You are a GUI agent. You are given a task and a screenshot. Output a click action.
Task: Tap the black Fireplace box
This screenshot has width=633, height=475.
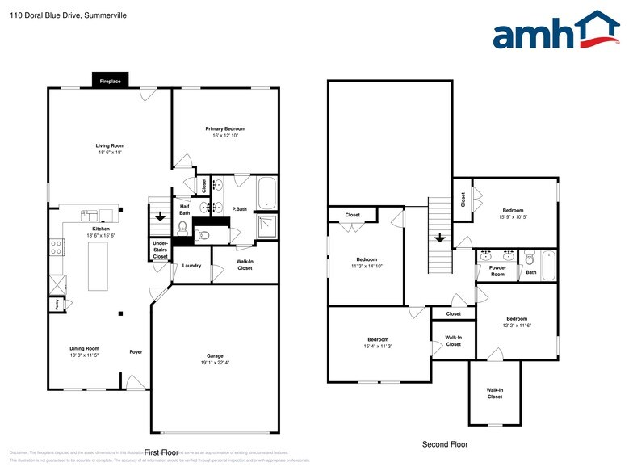[x=110, y=82]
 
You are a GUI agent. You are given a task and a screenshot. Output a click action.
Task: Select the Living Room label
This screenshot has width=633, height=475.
[x=111, y=146]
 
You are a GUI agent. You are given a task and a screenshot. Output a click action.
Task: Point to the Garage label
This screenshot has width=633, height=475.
[x=215, y=355]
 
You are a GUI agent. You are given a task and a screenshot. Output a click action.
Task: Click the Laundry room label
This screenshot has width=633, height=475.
[x=191, y=265]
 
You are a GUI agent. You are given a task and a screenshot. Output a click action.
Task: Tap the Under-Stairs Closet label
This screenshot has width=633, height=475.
[x=160, y=249]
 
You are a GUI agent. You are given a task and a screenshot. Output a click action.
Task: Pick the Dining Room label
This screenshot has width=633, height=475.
[x=84, y=348]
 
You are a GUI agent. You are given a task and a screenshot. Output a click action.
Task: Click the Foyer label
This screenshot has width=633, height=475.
[x=136, y=352]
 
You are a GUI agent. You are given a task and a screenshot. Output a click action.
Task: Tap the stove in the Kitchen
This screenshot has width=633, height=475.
[x=57, y=248]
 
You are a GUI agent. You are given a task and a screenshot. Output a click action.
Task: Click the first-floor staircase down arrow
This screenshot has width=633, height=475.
[x=160, y=216]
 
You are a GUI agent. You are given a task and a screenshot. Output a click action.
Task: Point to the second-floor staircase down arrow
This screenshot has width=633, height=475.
[x=439, y=238]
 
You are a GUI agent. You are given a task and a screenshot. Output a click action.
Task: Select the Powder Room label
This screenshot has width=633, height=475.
[x=497, y=271]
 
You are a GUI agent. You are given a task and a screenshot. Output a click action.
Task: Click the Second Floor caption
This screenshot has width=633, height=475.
[x=445, y=444]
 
